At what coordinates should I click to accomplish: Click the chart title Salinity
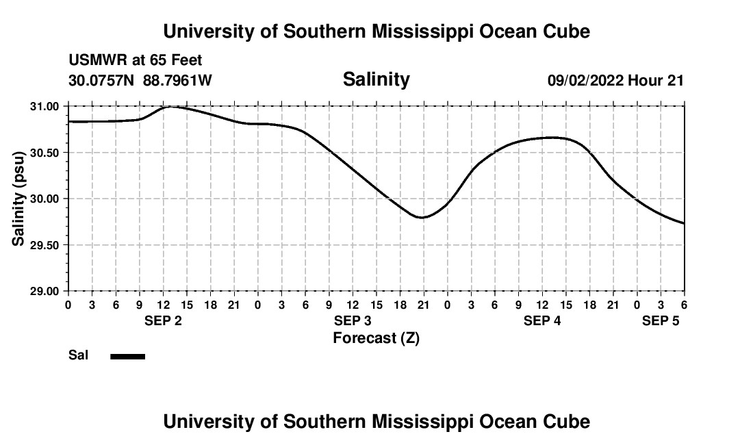pyautogui.click(x=376, y=79)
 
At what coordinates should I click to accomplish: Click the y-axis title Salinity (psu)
pyautogui.click(x=18, y=199)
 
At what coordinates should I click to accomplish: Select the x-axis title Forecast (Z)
pyautogui.click(x=376, y=338)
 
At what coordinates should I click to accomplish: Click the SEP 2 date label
pyautogui.click(x=163, y=321)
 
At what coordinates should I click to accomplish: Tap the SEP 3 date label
pyautogui.click(x=353, y=321)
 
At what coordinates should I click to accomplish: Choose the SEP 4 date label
pyautogui.click(x=542, y=321)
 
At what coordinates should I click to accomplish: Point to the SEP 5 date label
pyautogui.click(x=661, y=321)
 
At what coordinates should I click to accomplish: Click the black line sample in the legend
pyautogui.click(x=128, y=356)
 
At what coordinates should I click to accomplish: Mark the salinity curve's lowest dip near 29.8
pyautogui.click(x=422, y=217)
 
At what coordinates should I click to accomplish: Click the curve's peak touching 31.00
pyautogui.click(x=168, y=107)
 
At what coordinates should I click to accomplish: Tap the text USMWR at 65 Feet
pyautogui.click(x=136, y=61)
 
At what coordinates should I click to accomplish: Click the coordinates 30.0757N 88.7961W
pyautogui.click(x=140, y=81)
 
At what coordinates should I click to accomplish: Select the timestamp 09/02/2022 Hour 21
pyautogui.click(x=615, y=81)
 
